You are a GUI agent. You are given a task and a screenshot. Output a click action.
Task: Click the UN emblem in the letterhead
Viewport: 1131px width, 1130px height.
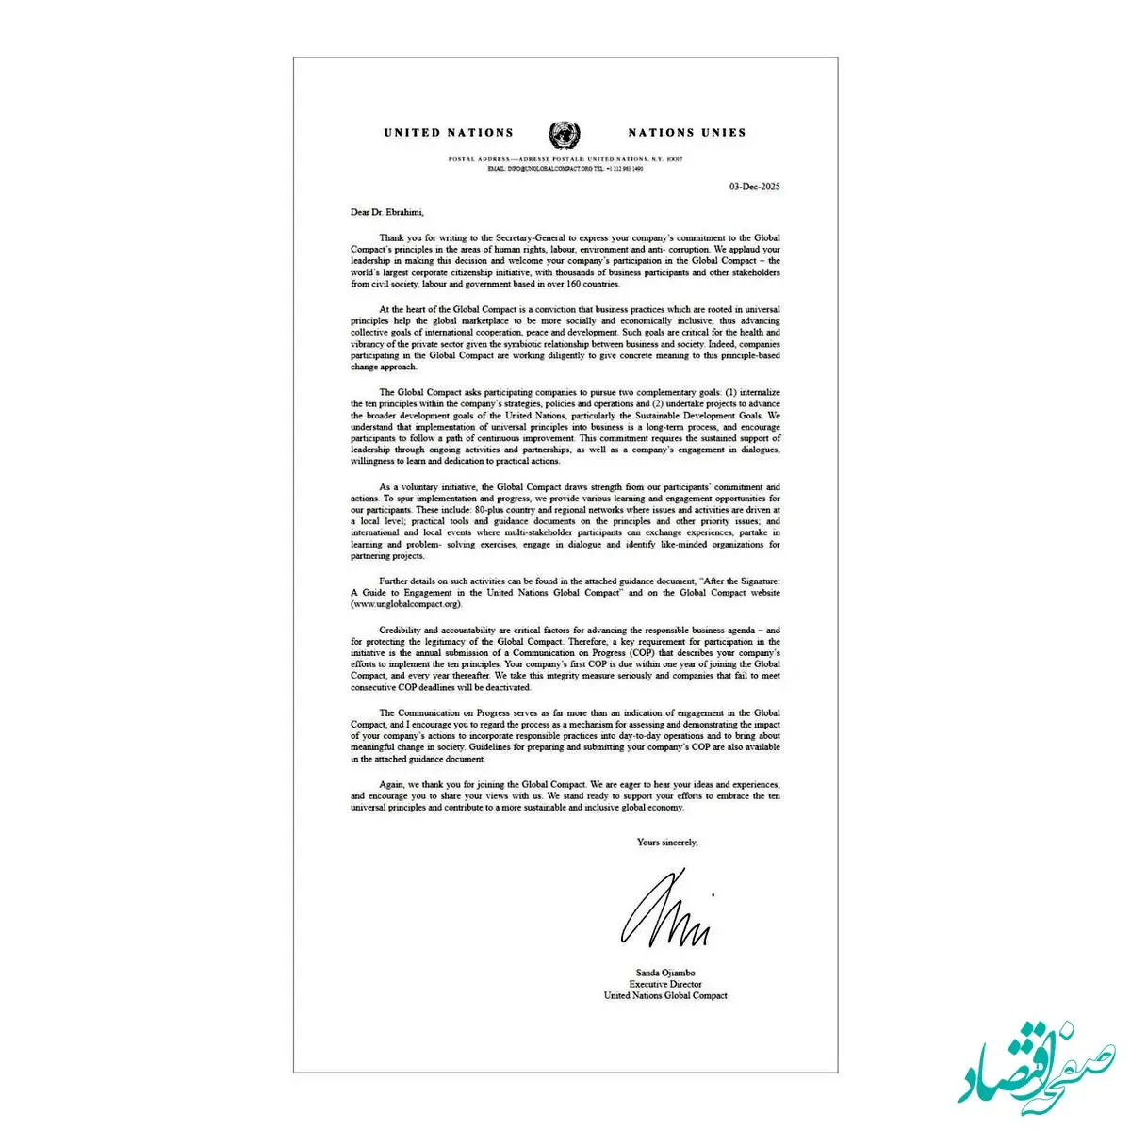point(564,134)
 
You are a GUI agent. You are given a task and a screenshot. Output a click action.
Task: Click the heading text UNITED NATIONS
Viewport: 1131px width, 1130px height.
point(449,133)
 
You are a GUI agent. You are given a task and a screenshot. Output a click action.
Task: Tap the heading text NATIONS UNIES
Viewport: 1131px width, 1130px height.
point(686,133)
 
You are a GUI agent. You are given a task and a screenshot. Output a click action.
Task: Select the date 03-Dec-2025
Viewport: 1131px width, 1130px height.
point(754,187)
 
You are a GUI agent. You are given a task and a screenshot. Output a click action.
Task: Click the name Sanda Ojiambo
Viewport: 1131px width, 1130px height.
point(665,973)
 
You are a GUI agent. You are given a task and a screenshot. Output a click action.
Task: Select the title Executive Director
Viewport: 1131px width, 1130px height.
point(665,984)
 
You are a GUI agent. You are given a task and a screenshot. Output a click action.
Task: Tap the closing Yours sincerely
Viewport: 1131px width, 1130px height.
point(667,842)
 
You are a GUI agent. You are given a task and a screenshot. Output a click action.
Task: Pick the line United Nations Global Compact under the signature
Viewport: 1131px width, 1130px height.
point(665,995)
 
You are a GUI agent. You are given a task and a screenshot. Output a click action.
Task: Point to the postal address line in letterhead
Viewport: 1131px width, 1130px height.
point(565,159)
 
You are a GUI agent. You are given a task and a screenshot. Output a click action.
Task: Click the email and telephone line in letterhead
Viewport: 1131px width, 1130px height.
point(565,168)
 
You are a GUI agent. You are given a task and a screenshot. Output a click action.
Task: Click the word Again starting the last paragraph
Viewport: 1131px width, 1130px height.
point(391,784)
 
